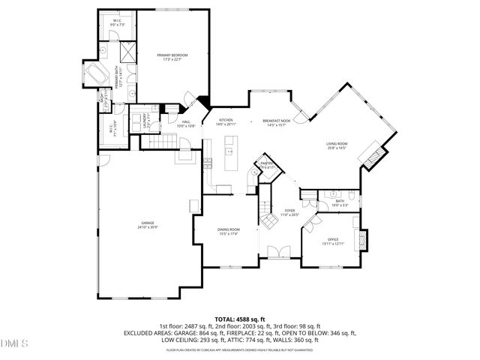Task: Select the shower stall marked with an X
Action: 127,52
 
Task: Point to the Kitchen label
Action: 226,121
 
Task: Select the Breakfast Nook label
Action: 277,121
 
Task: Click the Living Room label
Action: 336,145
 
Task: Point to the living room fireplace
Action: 370,157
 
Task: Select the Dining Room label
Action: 229,230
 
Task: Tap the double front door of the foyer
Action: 276,251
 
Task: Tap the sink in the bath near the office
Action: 331,193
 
